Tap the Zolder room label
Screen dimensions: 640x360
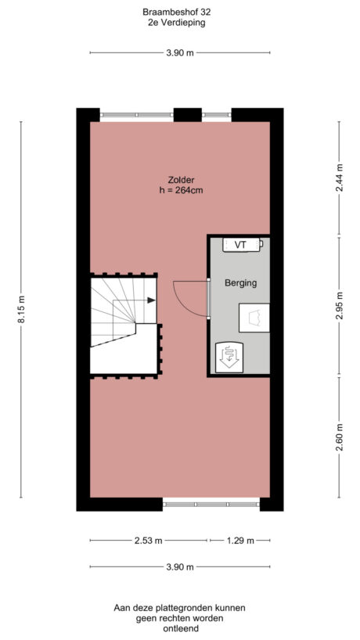pyautogui.click(x=180, y=178)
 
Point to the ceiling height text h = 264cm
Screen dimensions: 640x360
pyautogui.click(x=180, y=190)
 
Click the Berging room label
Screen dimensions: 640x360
pyautogui.click(x=240, y=282)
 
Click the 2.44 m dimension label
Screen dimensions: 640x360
pyautogui.click(x=339, y=178)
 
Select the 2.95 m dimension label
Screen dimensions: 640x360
pyautogui.click(x=339, y=306)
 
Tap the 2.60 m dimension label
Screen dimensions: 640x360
pyautogui.click(x=339, y=436)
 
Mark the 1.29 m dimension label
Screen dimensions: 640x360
pyautogui.click(x=239, y=541)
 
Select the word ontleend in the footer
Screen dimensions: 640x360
pyautogui.click(x=180, y=629)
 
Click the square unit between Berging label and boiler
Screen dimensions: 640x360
pyautogui.click(x=254, y=317)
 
